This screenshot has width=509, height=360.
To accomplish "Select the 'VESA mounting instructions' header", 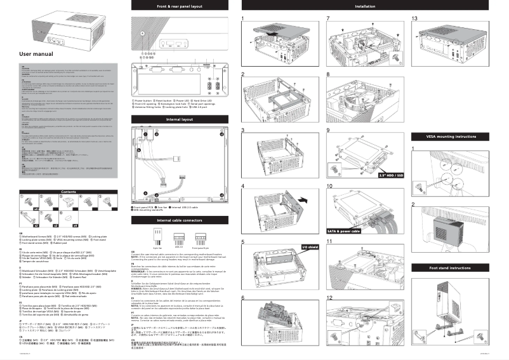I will click(x=453, y=137).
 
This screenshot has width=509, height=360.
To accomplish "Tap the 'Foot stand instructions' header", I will click(x=453, y=268).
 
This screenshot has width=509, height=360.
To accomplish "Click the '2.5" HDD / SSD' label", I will click(x=391, y=175).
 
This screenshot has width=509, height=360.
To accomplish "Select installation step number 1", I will click(x=243, y=18).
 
